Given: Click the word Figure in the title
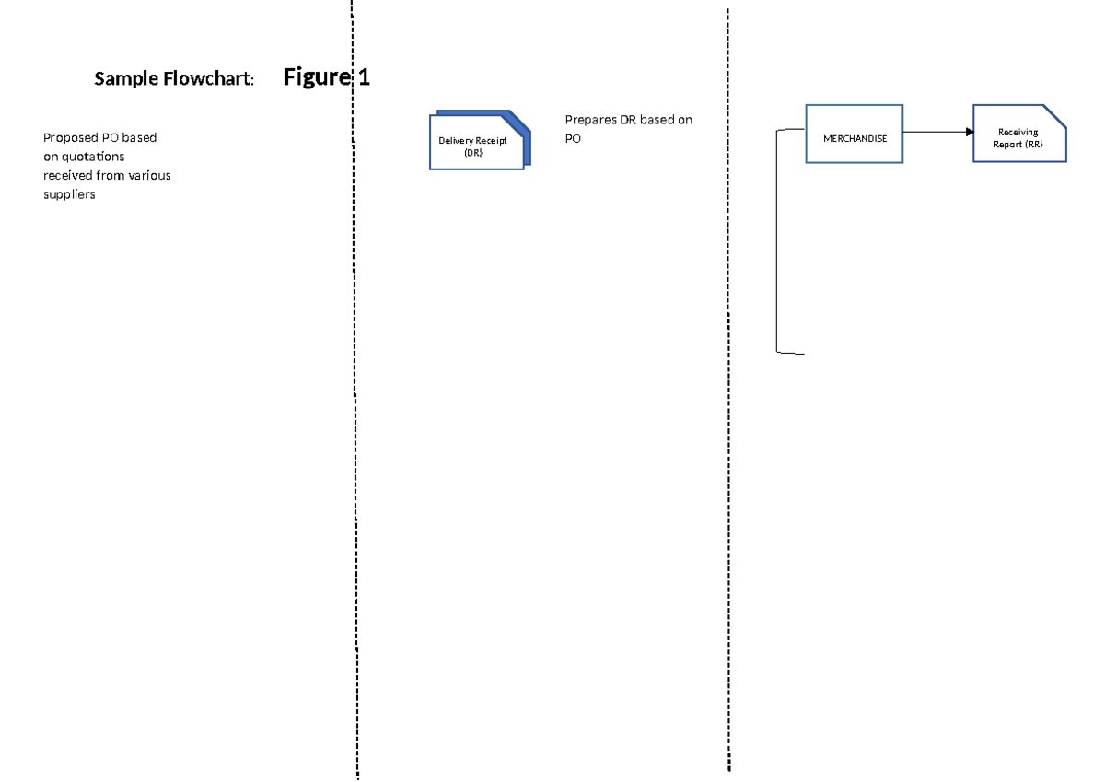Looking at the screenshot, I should coord(317,77).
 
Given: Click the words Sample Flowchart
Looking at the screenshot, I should coord(173,79).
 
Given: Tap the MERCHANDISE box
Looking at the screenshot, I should coord(855,134).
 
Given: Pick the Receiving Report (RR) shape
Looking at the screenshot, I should coord(1018,134).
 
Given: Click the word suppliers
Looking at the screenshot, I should coord(69,194).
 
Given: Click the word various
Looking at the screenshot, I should coord(150,175).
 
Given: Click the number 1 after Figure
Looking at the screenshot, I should coord(365,77).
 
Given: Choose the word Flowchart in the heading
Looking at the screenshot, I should coord(207,79).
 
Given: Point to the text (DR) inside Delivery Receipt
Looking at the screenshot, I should coord(473,153).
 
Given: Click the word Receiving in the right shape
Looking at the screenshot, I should coord(1018,133).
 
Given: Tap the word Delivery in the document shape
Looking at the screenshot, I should coord(457,141).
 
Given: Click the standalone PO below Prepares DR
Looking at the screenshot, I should coord(573,139).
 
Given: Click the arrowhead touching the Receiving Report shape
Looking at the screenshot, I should coord(969,132).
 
